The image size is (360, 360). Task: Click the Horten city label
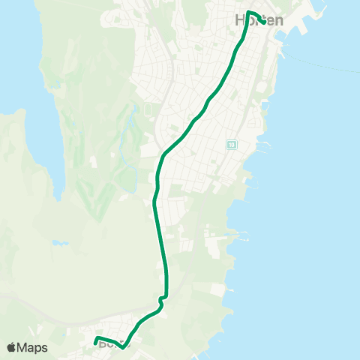tap(259, 21)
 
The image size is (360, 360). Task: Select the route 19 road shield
tap(232, 144)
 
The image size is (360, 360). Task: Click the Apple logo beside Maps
tap(11, 347)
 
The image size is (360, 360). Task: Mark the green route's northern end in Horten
tap(262, 20)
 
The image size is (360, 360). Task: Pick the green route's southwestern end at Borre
tap(96, 343)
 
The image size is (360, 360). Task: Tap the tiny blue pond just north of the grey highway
tap(59, 244)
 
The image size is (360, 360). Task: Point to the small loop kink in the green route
tap(161, 298)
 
